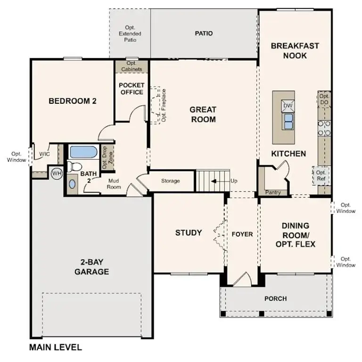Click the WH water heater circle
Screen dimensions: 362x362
(x=57, y=173)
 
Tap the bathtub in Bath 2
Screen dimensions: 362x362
(x=83, y=152)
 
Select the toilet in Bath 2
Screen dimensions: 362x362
(x=74, y=166)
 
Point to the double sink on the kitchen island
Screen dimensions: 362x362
(x=288, y=121)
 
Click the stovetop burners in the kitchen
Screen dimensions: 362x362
(x=324, y=128)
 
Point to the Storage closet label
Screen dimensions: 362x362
(x=170, y=181)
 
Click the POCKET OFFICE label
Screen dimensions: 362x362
(x=132, y=89)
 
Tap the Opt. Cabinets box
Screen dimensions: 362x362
(x=132, y=66)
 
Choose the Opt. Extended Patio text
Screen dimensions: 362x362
(x=130, y=34)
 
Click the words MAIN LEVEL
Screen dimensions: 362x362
(x=56, y=348)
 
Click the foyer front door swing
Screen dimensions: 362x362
(x=242, y=279)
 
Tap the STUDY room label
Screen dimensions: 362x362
(x=189, y=232)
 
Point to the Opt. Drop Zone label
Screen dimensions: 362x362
(x=105, y=158)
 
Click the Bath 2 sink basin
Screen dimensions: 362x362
(x=72, y=184)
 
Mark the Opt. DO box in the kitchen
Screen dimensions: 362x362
(x=324, y=99)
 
